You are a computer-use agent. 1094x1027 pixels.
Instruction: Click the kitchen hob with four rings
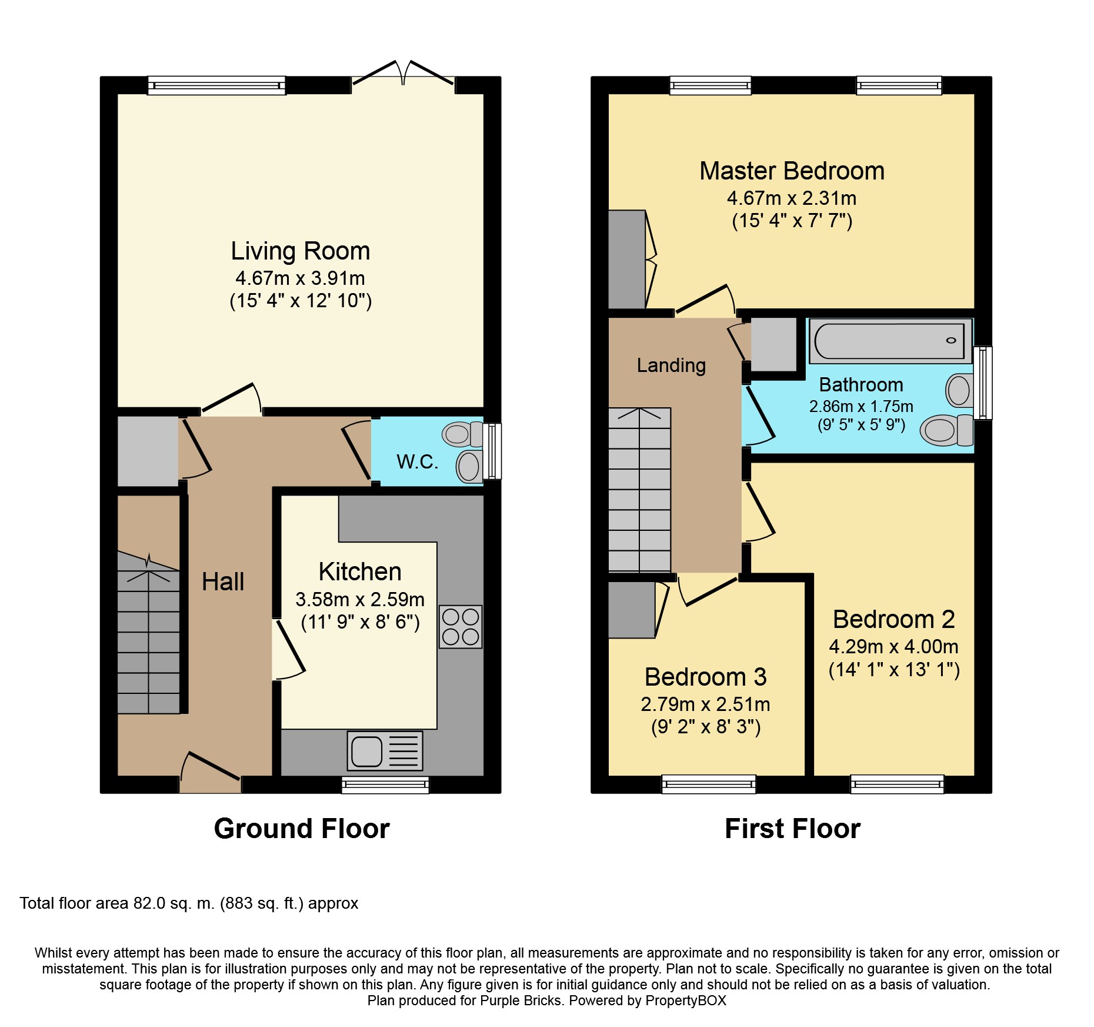point(461,627)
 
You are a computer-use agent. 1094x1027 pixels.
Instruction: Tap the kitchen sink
point(385,751)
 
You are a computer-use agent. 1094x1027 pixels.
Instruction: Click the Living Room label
point(300,251)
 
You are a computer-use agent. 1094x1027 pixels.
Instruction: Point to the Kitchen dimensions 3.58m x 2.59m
point(360,599)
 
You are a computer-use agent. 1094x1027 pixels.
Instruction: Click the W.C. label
point(418,462)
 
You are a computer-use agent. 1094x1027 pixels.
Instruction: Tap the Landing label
point(671,365)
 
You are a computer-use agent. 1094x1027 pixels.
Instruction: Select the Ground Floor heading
point(302,829)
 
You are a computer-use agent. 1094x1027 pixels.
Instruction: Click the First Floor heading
point(792,829)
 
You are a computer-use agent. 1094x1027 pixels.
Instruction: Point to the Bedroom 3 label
point(705,677)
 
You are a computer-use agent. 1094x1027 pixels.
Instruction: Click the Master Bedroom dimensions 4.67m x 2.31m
point(792,198)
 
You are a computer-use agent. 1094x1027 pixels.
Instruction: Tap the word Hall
point(223,581)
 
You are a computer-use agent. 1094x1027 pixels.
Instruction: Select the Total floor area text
point(189,903)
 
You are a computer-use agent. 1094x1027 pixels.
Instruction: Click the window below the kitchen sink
point(385,785)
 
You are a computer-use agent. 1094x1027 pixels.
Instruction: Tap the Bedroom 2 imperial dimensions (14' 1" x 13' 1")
point(894,670)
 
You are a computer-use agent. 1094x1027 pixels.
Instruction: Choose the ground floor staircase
point(149,633)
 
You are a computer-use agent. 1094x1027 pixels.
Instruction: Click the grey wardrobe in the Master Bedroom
point(627,260)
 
